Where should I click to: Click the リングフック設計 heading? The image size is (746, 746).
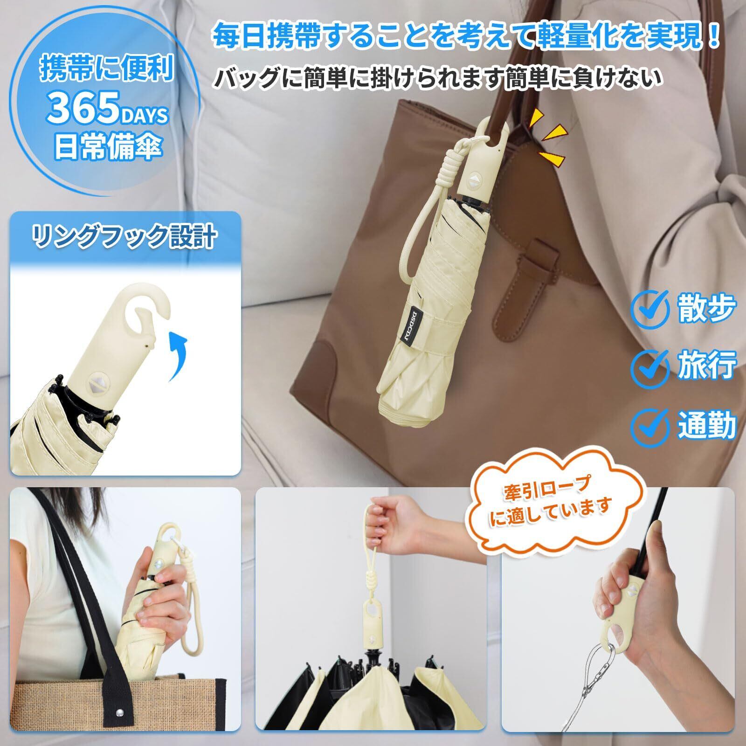click(x=124, y=237)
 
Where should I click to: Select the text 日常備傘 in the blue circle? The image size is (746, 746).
click(x=108, y=145)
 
